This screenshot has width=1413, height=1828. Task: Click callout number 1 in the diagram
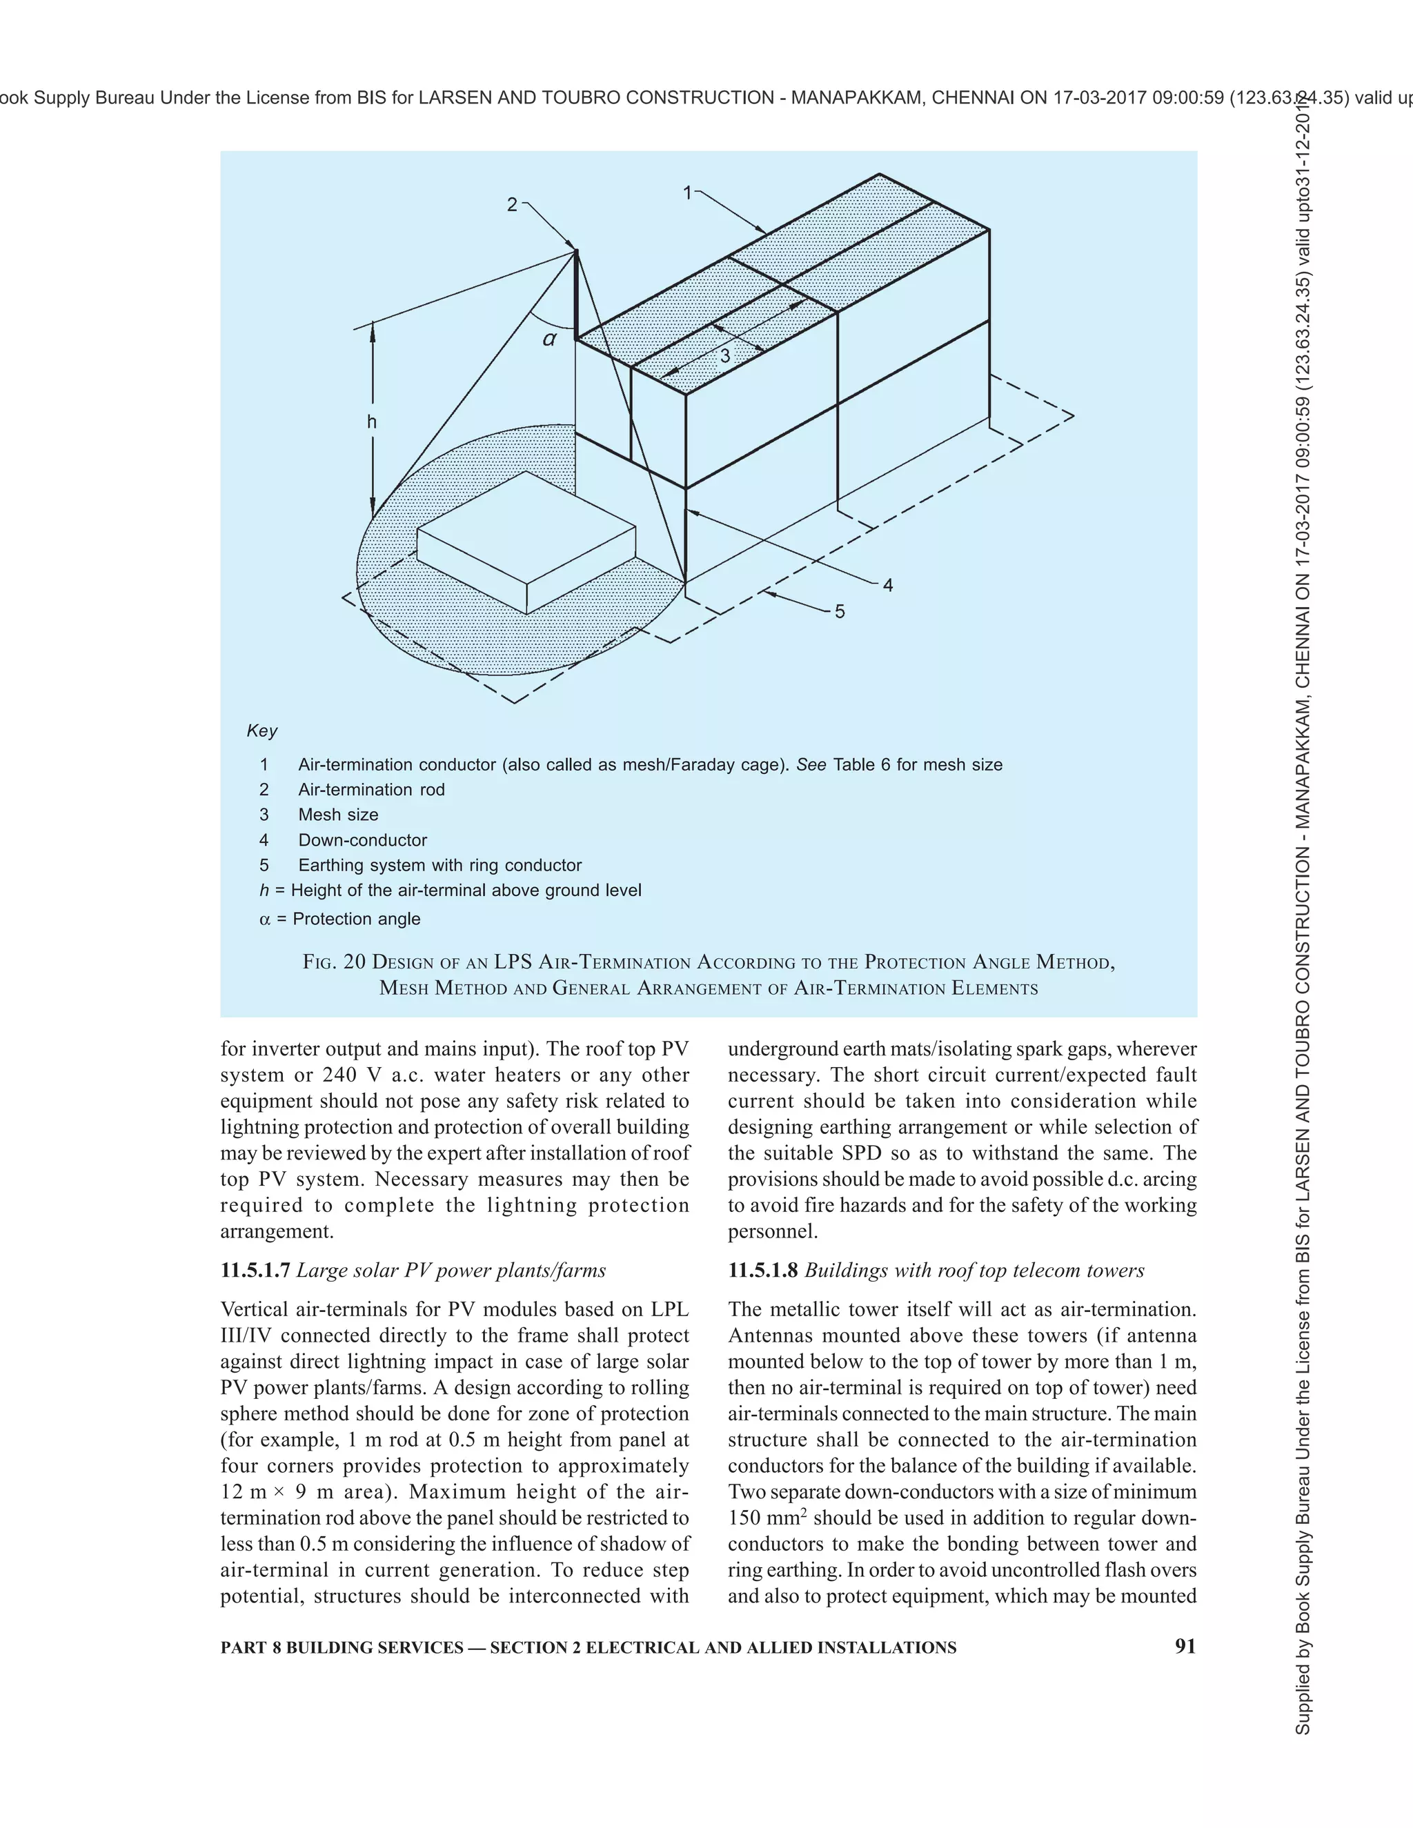[687, 193]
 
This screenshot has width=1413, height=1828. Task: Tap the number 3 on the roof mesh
[725, 356]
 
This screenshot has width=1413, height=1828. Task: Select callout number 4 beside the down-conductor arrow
[888, 586]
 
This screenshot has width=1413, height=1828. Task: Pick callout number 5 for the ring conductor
[840, 612]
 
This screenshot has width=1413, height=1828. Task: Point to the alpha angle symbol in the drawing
[549, 339]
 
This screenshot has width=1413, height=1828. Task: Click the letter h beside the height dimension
[372, 422]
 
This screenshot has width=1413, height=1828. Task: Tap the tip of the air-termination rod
[576, 250]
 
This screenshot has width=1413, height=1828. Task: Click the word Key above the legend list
[262, 731]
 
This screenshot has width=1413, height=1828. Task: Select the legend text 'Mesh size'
[338, 815]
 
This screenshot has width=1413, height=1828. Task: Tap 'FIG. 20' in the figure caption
[334, 962]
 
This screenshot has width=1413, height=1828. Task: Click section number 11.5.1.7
[255, 1271]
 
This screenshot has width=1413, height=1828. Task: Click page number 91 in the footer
[1185, 1647]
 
